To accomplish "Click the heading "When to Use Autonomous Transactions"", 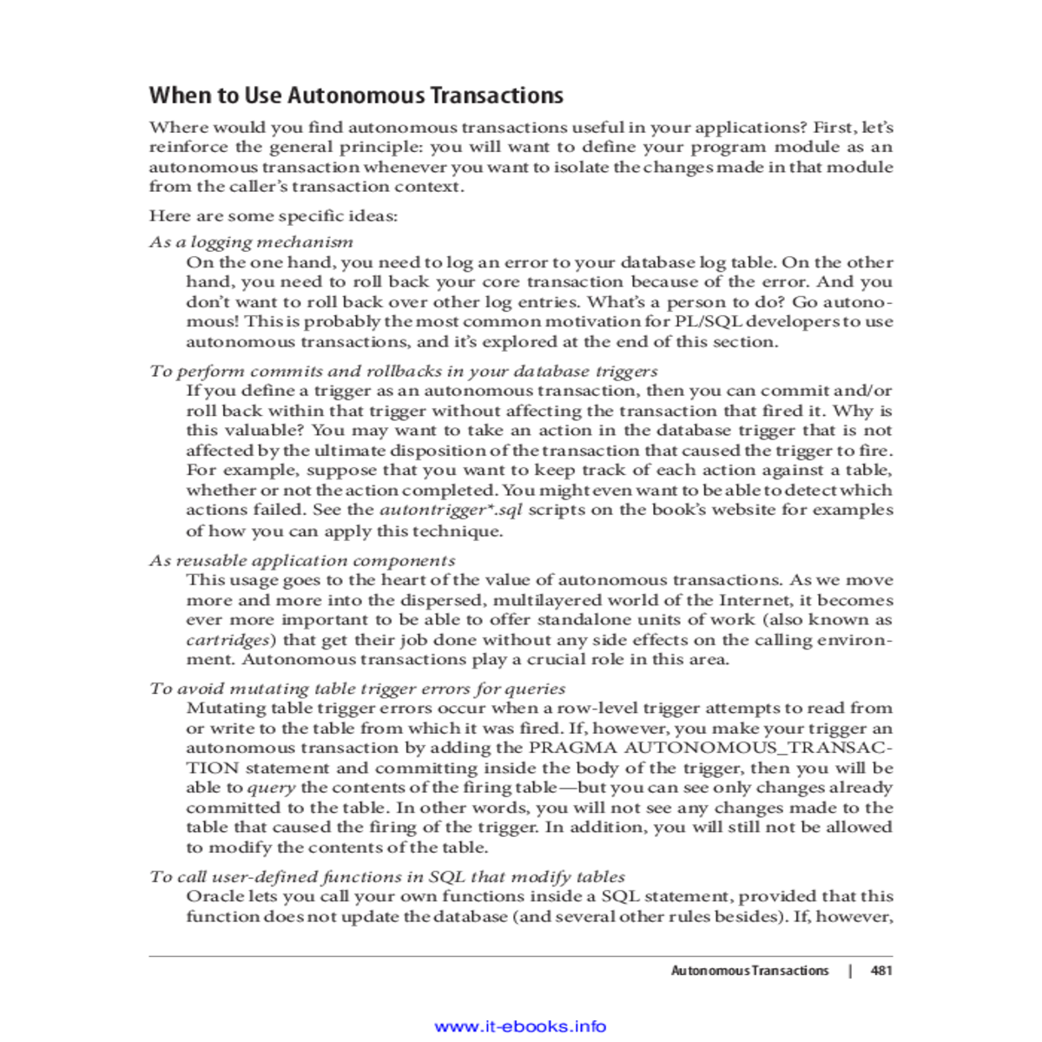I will click(356, 96).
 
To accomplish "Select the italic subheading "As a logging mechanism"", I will click(251, 242).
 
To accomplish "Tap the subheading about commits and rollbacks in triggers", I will click(403, 372).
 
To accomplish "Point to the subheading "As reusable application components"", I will click(302, 561).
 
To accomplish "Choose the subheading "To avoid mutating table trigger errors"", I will click(357, 689).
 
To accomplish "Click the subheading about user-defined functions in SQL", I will click(387, 877).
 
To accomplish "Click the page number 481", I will click(881, 971).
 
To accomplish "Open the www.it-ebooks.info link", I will click(520, 1026).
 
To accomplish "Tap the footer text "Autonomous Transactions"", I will click(749, 971).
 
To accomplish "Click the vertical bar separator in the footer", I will click(850, 971).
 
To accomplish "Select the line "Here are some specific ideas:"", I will click(273, 216).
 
